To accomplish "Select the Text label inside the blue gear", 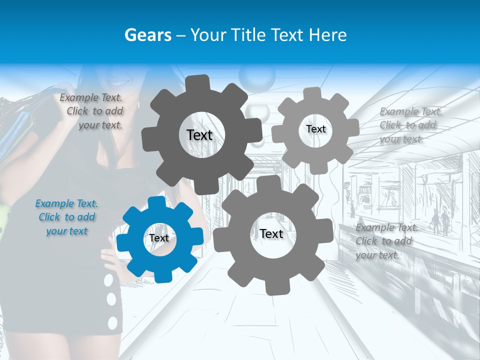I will (159, 238).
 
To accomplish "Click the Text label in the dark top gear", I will (199, 135).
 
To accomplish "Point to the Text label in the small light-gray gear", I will (316, 129).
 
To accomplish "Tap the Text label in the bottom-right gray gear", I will (271, 233).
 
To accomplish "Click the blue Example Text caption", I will (66, 217).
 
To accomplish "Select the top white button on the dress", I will (108, 281).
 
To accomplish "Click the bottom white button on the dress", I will (113, 322).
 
